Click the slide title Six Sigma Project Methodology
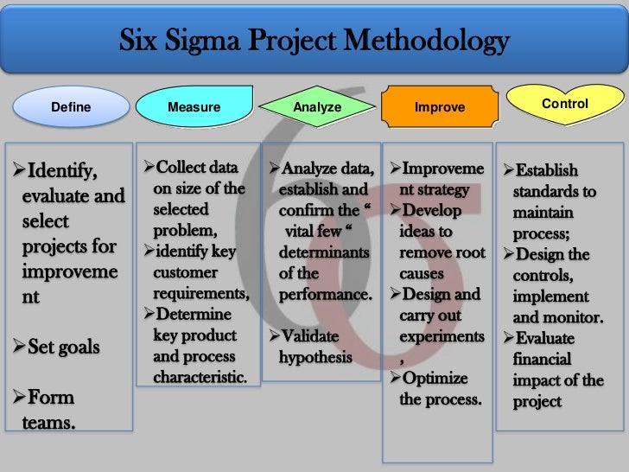click(x=314, y=41)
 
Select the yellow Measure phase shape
click(x=194, y=108)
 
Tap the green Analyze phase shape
click(x=317, y=108)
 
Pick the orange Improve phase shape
click(x=440, y=108)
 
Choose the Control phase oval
click(x=564, y=104)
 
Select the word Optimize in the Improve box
click(x=434, y=379)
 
